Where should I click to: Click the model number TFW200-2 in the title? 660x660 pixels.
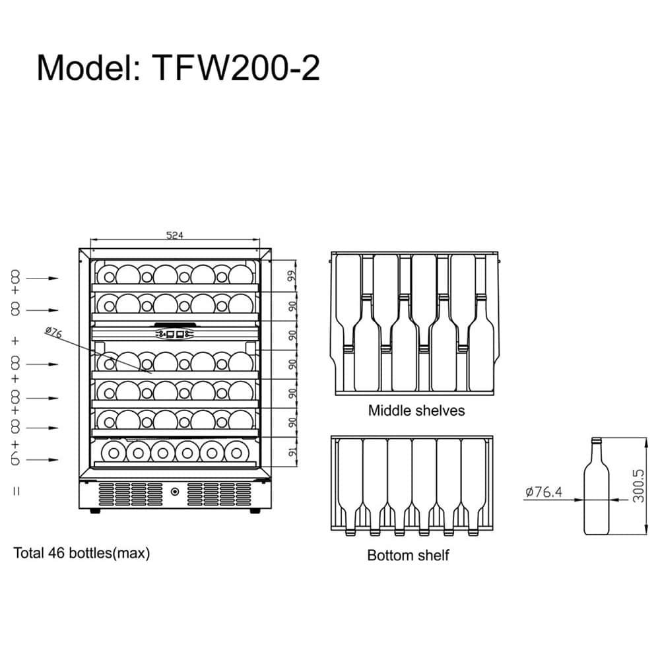tap(236, 68)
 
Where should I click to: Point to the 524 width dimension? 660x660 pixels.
tap(175, 236)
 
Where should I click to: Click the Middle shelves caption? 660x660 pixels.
tap(416, 411)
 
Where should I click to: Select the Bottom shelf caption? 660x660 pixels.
tap(408, 555)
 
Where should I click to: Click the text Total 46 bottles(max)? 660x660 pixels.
tap(82, 553)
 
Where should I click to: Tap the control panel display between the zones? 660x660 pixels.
tap(175, 334)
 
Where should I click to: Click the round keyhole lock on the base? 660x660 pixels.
tap(175, 492)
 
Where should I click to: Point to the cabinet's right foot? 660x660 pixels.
tap(253, 511)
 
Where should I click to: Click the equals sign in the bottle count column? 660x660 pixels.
tap(16, 490)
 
